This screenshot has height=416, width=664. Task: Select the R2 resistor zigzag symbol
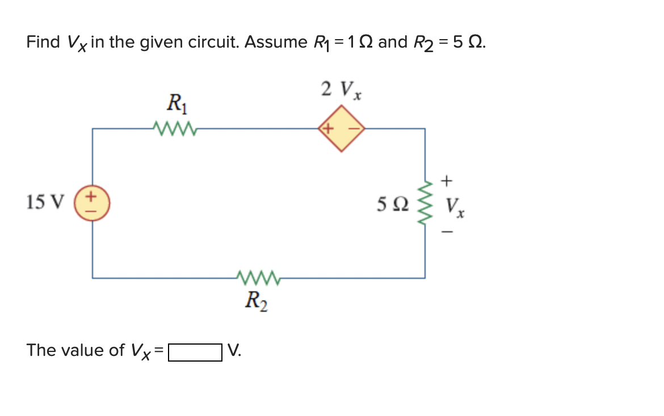click(257, 278)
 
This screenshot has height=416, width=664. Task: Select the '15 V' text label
click(45, 202)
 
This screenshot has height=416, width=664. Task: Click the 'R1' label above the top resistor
click(174, 104)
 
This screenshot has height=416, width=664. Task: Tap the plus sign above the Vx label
click(447, 181)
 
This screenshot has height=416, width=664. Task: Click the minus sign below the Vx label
click(447, 231)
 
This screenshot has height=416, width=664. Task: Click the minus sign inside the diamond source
click(353, 129)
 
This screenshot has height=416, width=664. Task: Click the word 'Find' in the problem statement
click(43, 43)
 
